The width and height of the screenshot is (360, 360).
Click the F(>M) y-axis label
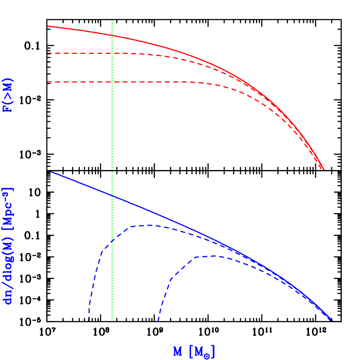pyautogui.click(x=8, y=95)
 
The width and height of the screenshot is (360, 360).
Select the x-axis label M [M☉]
pyautogui.click(x=194, y=351)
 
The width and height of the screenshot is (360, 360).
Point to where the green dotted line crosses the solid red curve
pyautogui.click(x=112, y=35)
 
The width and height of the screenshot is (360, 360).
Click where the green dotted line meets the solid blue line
pyautogui.click(x=112, y=196)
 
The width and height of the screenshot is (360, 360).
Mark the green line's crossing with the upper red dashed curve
pyautogui.click(x=112, y=53)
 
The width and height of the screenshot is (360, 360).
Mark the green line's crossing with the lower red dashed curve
pyautogui.click(x=112, y=82)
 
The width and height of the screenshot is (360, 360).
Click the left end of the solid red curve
pyautogui.click(x=48, y=26)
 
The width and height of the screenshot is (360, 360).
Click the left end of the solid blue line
pyautogui.click(x=51, y=172)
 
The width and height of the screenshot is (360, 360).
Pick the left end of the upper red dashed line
pyautogui.click(x=48, y=53)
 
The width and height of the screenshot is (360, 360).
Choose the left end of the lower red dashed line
pyautogui.click(x=48, y=82)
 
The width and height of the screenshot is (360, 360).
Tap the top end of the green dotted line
pyautogui.click(x=112, y=20)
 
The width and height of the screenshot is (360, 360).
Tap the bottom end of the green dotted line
pyautogui.click(x=112, y=321)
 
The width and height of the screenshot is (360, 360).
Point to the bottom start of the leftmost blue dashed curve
pyautogui.click(x=89, y=320)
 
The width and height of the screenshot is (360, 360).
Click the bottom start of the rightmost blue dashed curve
pyautogui.click(x=158, y=320)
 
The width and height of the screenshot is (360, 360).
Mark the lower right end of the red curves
pyautogui.click(x=324, y=169)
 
